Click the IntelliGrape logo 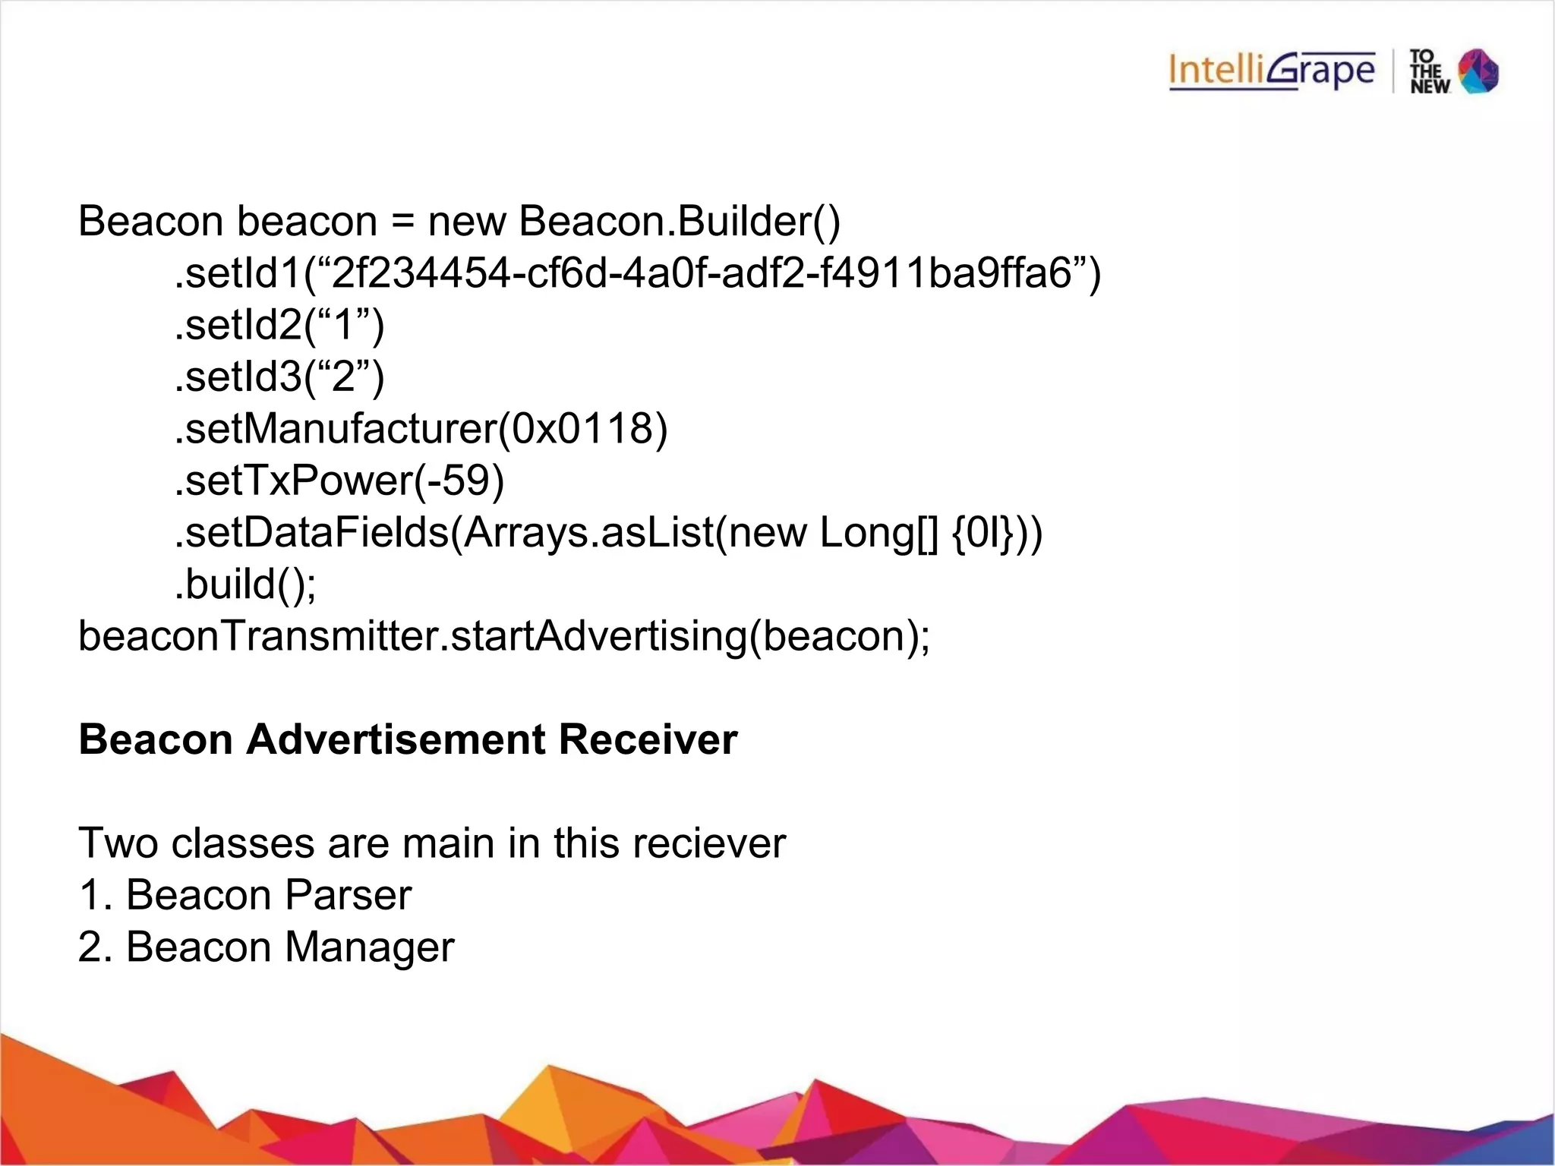tap(1272, 71)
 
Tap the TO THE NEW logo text tap(1429, 71)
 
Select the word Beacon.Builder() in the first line tap(680, 222)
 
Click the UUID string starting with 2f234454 tap(702, 273)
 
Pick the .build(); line tap(245, 585)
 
